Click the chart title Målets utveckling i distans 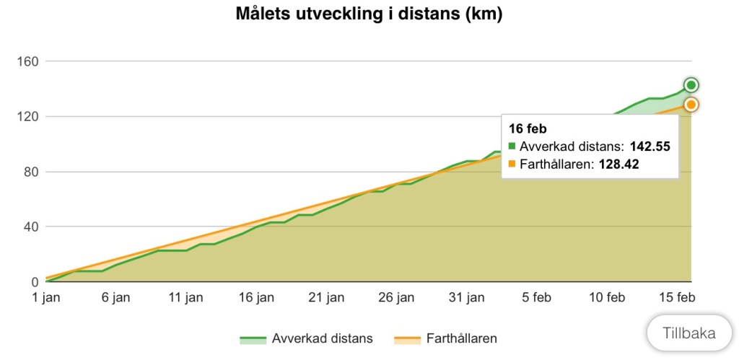pyautogui.click(x=369, y=14)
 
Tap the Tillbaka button pyautogui.click(x=689, y=333)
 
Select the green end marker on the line pyautogui.click(x=691, y=85)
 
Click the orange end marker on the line pyautogui.click(x=691, y=105)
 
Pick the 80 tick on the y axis pyautogui.click(x=30, y=172)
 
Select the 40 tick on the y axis pyautogui.click(x=30, y=227)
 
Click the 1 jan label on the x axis pyautogui.click(x=46, y=297)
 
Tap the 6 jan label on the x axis pyautogui.click(x=116, y=297)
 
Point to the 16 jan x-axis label pyautogui.click(x=256, y=297)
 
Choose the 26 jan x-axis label pyautogui.click(x=397, y=297)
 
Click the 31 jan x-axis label pyautogui.click(x=467, y=297)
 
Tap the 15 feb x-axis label pyautogui.click(x=677, y=297)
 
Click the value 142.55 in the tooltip pyautogui.click(x=650, y=146)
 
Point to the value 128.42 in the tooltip pyautogui.click(x=618, y=164)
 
